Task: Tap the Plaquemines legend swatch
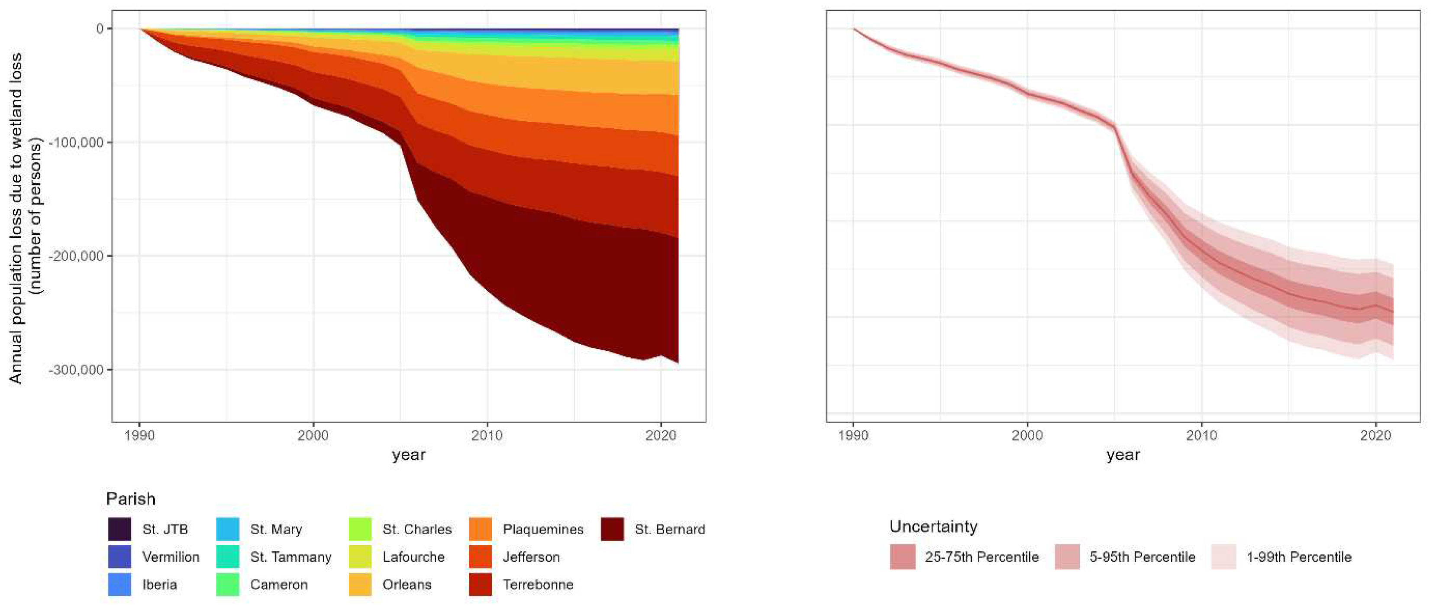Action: click(x=481, y=529)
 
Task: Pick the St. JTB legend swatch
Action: click(x=119, y=529)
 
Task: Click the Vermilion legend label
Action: click(x=171, y=557)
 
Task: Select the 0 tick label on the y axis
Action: click(x=100, y=29)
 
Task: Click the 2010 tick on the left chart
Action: click(x=487, y=435)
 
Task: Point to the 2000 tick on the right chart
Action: click(x=1027, y=435)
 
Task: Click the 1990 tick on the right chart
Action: click(x=853, y=435)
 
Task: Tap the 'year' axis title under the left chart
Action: click(x=408, y=455)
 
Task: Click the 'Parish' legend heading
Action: click(x=131, y=499)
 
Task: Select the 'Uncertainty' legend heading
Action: click(x=933, y=527)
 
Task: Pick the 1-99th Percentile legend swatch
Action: click(x=1224, y=557)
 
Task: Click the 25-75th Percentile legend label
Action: click(x=982, y=557)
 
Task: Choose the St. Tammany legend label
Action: click(x=290, y=557)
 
